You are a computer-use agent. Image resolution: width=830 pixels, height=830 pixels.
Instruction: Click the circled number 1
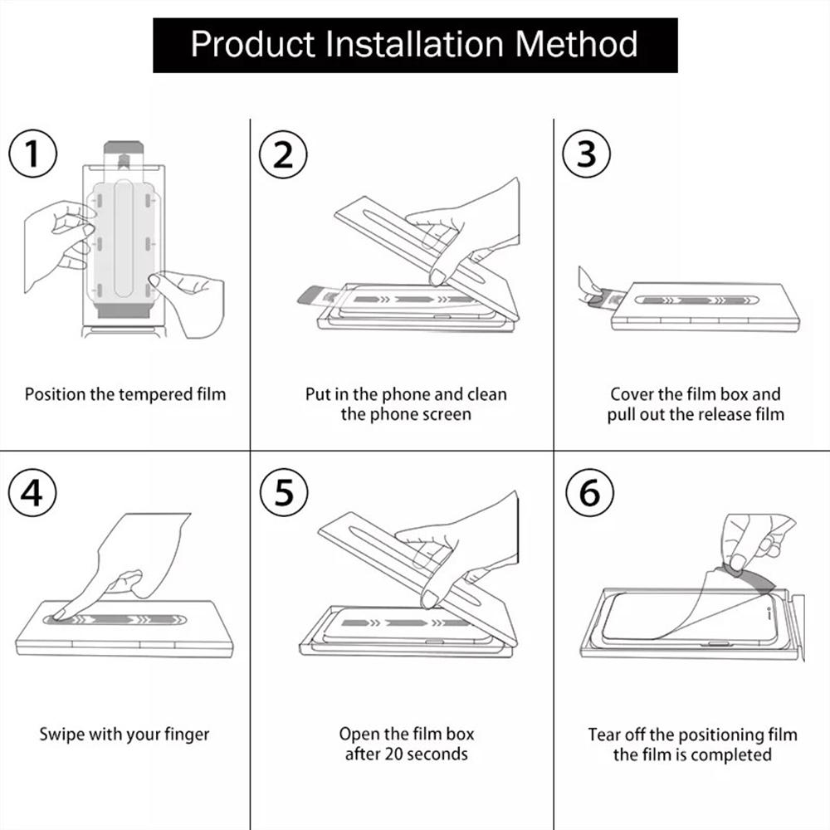click(x=32, y=154)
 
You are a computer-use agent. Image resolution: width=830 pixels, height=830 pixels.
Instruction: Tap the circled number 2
click(x=283, y=154)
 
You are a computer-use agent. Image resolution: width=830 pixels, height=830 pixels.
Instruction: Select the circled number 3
click(x=586, y=154)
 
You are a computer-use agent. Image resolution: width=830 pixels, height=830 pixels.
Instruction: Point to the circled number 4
click(x=32, y=493)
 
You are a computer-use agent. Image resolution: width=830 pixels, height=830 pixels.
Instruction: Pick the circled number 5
click(x=283, y=493)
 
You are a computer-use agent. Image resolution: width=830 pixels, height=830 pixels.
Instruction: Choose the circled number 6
click(x=588, y=493)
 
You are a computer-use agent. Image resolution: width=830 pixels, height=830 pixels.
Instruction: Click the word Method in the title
click(x=577, y=43)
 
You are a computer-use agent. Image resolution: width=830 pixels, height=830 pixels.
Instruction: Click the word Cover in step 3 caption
click(x=632, y=394)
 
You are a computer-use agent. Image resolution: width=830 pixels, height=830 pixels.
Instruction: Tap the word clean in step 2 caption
click(x=486, y=394)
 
